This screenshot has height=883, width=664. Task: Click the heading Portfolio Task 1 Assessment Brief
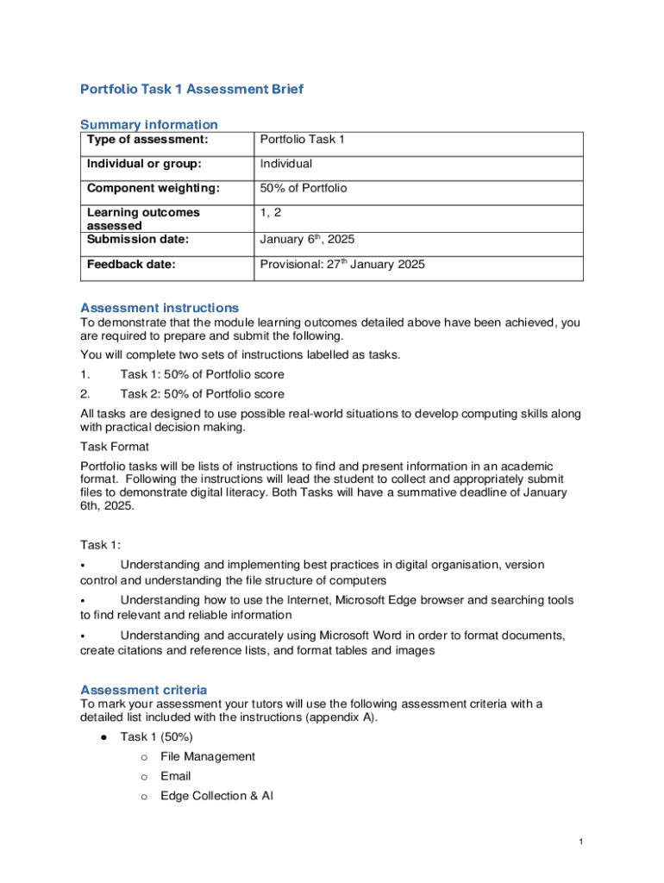tap(191, 89)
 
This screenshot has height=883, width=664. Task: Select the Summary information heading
tap(148, 124)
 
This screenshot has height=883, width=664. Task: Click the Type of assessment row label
tap(147, 140)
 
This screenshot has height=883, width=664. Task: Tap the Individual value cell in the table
tap(286, 164)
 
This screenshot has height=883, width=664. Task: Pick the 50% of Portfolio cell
tap(304, 188)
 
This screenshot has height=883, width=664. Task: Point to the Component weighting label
tap(153, 188)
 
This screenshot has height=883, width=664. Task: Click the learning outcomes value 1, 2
tap(272, 212)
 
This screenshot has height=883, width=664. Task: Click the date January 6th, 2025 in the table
tap(307, 239)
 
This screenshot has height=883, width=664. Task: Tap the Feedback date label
tap(131, 265)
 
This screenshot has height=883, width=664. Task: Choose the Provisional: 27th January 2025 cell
tap(342, 265)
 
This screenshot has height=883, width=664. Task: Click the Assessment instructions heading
tap(160, 308)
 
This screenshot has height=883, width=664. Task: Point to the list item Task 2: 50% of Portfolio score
tap(202, 394)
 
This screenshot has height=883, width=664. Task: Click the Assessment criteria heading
tap(143, 690)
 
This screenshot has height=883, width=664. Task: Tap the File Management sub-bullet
tap(208, 756)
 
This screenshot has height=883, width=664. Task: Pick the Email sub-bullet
tap(176, 776)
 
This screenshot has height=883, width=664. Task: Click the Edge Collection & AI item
tap(216, 796)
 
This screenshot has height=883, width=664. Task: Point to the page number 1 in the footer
tap(582, 842)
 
